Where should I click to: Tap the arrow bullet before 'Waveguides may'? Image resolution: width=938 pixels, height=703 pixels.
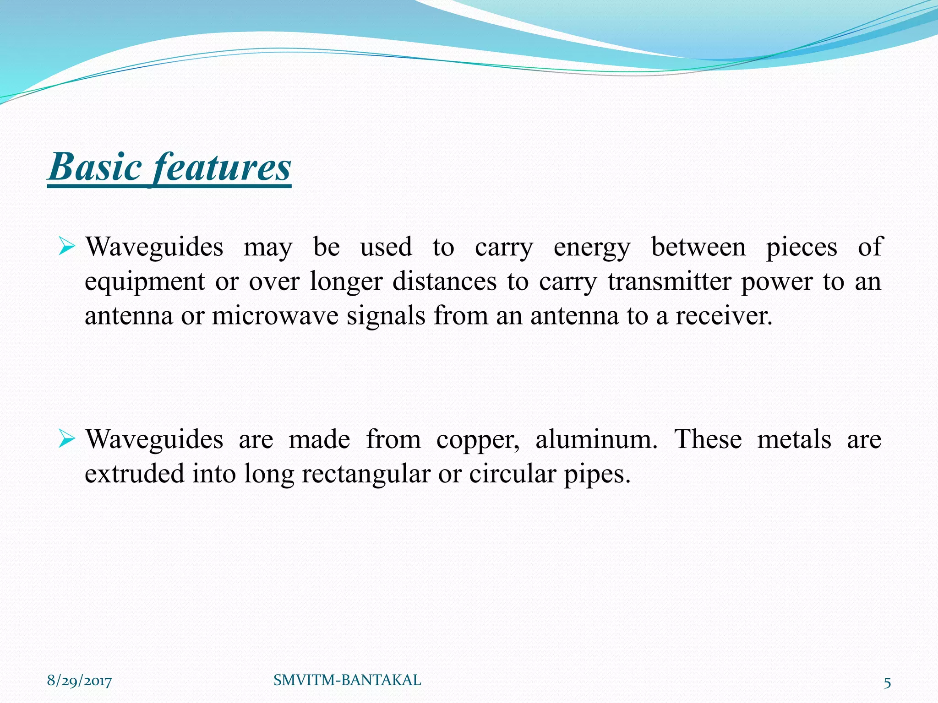67,248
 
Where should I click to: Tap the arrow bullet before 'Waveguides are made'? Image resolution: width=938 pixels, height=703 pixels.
67,440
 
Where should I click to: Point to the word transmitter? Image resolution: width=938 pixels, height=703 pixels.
669,281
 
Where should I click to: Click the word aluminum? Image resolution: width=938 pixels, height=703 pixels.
596,440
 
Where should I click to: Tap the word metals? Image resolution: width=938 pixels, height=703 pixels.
794,440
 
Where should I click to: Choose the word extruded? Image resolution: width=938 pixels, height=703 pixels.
135,474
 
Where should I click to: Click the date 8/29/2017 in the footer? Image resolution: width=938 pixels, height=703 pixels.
79,681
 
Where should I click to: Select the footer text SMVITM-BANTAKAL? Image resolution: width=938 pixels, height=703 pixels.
347,680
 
